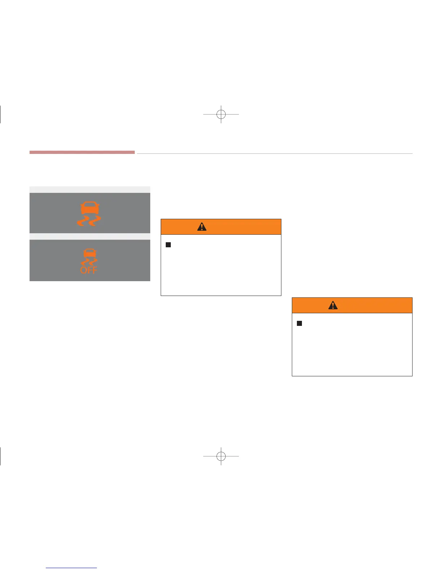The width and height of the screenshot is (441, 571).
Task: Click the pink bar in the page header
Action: pyautogui.click(x=82, y=152)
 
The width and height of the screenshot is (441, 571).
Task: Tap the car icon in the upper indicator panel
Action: pyautogui.click(x=90, y=208)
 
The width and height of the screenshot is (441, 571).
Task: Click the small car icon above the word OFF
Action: pyautogui.click(x=89, y=253)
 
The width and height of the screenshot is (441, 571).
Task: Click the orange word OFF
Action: pyautogui.click(x=89, y=270)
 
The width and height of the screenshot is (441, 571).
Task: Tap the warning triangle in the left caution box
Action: pyautogui.click(x=202, y=226)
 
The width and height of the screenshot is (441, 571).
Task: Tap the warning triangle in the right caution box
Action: pyautogui.click(x=333, y=305)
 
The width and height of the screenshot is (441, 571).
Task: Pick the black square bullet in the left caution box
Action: pyautogui.click(x=168, y=245)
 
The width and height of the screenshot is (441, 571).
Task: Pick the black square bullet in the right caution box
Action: pyautogui.click(x=299, y=323)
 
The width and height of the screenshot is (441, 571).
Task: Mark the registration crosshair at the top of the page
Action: pyautogui.click(x=221, y=114)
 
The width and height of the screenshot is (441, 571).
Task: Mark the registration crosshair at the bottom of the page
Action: pyautogui.click(x=221, y=456)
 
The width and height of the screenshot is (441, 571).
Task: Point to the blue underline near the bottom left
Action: pyautogui.click(x=71, y=568)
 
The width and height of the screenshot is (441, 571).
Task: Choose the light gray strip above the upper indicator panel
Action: pyautogui.click(x=90, y=190)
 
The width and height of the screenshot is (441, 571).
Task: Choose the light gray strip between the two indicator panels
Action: pyautogui.click(x=90, y=236)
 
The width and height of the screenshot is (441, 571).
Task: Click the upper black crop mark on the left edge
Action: pyautogui.click(x=1, y=114)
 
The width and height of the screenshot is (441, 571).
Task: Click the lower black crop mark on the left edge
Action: pyautogui.click(x=1, y=456)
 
